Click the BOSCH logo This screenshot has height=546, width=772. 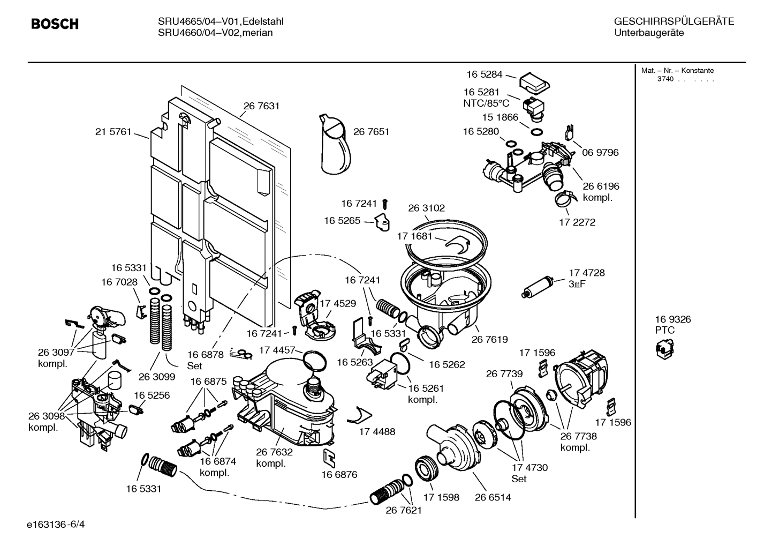click(x=55, y=24)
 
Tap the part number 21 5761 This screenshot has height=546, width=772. click(x=113, y=132)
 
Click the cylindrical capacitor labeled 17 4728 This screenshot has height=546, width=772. click(x=536, y=288)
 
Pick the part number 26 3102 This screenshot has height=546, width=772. click(x=426, y=208)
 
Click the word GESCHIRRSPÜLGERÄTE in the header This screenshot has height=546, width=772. click(x=673, y=21)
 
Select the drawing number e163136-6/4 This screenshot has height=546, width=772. click(x=56, y=523)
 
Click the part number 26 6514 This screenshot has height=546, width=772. click(x=493, y=497)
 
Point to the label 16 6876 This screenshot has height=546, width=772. click(x=339, y=474)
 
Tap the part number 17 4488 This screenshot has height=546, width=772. click(x=377, y=431)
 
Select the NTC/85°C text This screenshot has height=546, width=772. click(x=486, y=103)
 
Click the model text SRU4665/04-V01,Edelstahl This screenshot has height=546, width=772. click(x=221, y=21)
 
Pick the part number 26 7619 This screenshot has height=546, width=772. click(x=489, y=339)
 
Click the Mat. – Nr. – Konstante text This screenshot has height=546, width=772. click(x=677, y=71)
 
